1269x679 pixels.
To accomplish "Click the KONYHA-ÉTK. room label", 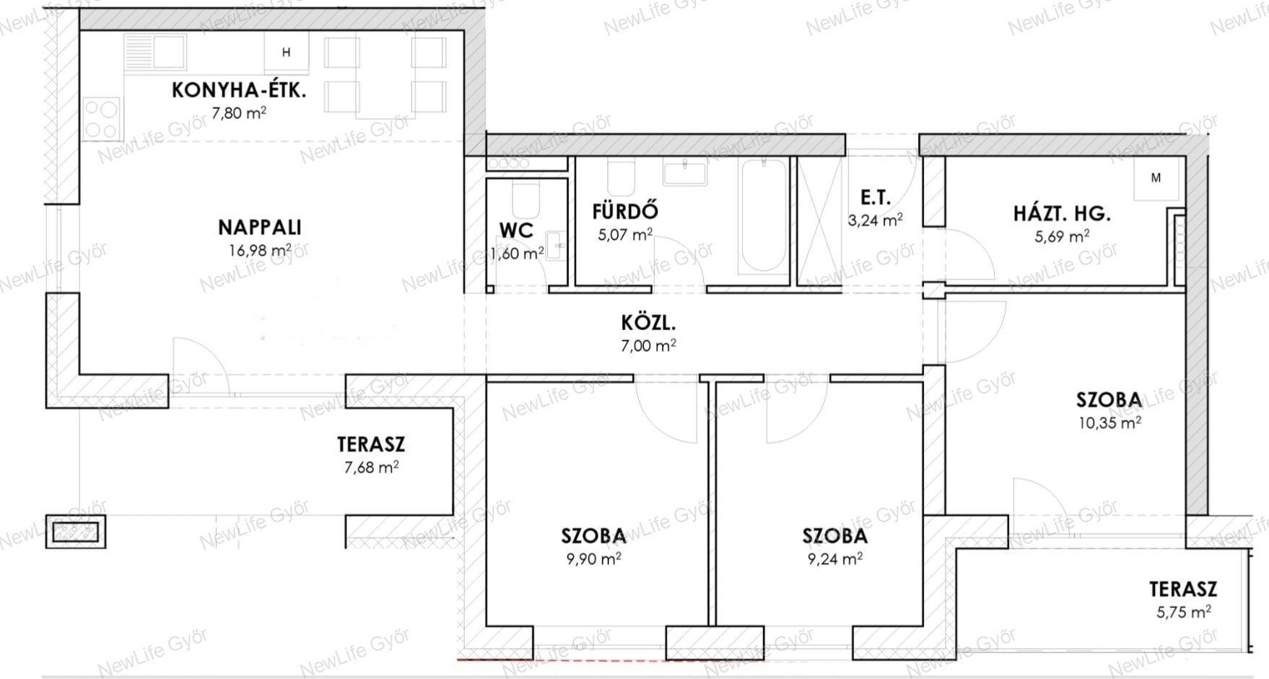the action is tap(239, 90).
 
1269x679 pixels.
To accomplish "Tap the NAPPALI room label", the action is tap(259, 228).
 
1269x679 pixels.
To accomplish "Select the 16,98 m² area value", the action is tap(260, 250).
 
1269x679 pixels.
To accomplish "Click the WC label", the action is tap(516, 230).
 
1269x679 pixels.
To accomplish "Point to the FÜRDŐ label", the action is tap(625, 212).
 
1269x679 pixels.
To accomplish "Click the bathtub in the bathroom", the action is tap(763, 216).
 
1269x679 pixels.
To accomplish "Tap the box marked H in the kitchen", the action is tap(287, 52).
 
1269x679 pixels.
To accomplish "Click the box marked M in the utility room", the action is tap(1156, 178).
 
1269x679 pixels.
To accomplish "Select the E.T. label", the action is tap(875, 197).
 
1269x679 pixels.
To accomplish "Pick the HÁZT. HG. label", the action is tap(1062, 214).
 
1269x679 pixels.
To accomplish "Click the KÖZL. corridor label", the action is tap(648, 322).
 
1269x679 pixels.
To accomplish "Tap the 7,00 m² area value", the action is tap(648, 345).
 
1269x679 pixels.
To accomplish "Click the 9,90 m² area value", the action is tap(593, 558).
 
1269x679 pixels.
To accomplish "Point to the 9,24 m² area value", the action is tap(835, 558).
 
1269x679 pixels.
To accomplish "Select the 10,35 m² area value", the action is tap(1109, 423).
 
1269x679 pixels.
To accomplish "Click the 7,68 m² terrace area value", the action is tap(371, 467).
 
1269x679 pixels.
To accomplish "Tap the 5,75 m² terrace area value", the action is tap(1184, 613).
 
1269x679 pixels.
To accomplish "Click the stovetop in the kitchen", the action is tap(101, 119).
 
